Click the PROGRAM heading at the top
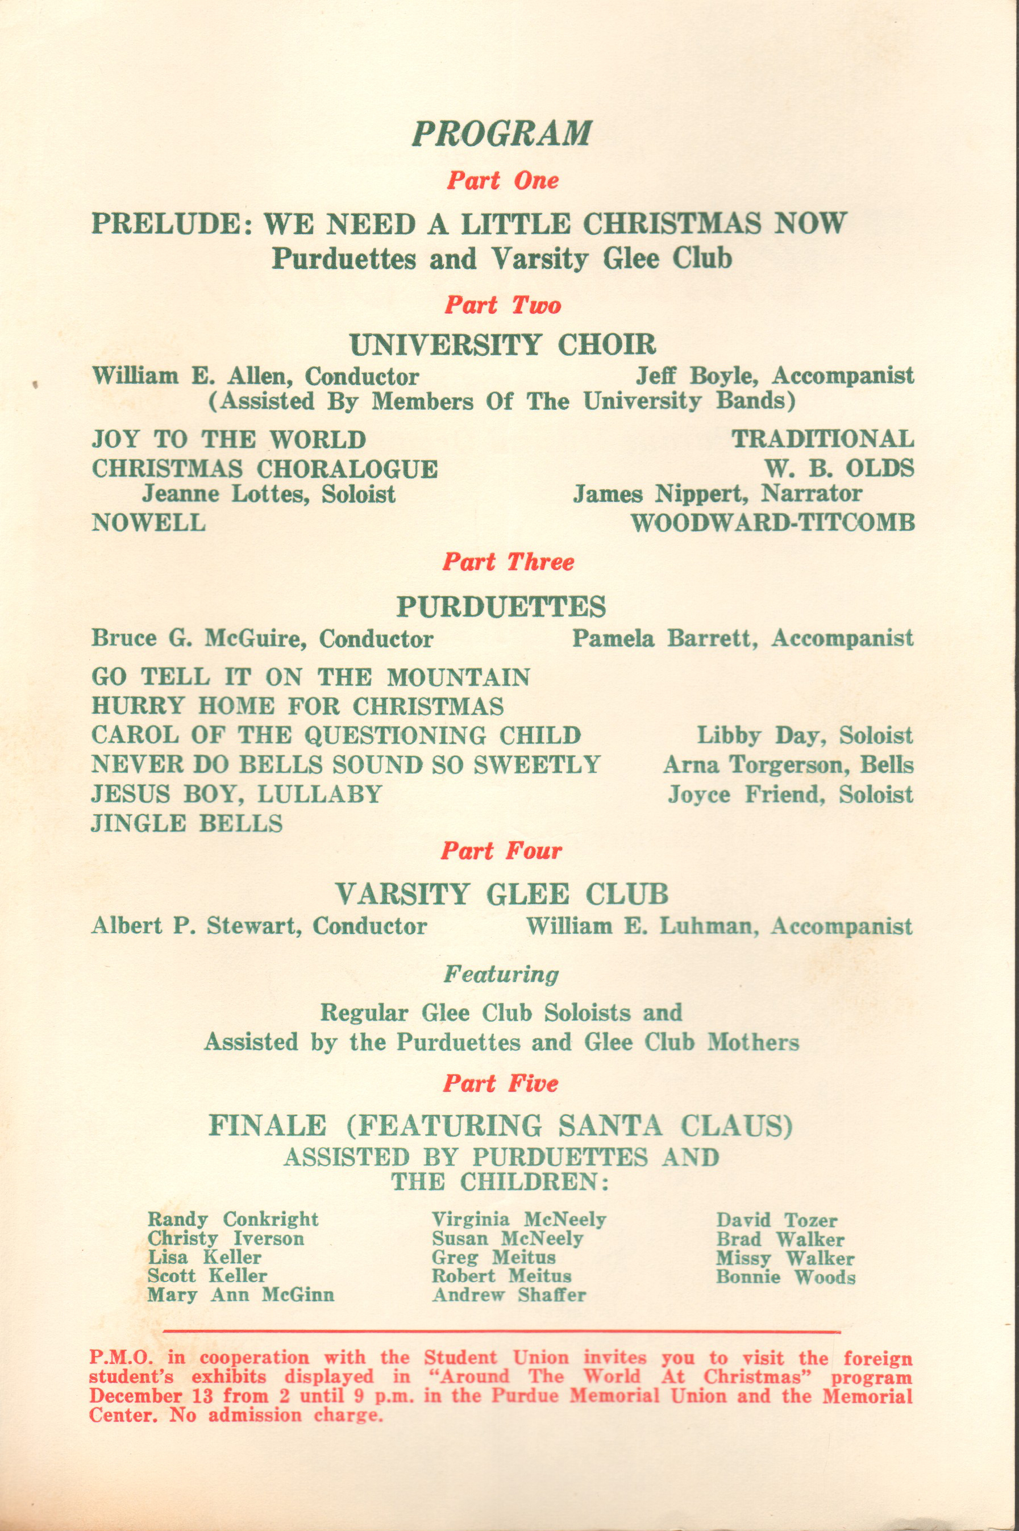501,134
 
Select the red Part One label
502,181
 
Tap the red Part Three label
508,562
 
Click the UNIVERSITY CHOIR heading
502,344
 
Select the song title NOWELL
149,522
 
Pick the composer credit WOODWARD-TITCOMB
773,522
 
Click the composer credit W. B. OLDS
839,468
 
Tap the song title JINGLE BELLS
187,824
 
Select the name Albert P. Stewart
195,926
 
